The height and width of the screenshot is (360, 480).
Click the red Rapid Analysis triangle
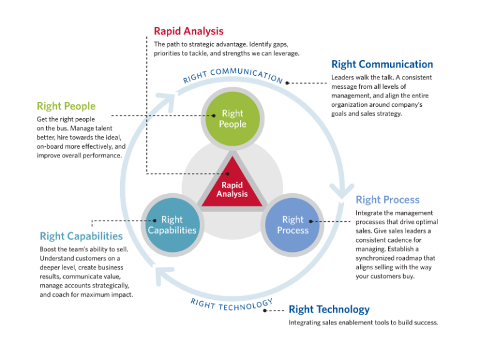232,185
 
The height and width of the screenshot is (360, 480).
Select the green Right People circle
232,119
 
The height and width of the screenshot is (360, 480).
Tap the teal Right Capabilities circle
172,225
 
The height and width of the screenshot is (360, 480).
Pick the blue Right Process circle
292,225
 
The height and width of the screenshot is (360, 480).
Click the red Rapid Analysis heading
188,31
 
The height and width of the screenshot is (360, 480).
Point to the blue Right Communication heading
382,64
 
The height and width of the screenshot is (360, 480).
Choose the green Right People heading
66,106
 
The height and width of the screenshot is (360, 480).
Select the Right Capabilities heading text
81,236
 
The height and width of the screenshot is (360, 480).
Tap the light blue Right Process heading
387,200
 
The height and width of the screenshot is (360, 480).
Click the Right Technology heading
329,309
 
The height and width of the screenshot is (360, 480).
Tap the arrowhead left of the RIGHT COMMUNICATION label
165,99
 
